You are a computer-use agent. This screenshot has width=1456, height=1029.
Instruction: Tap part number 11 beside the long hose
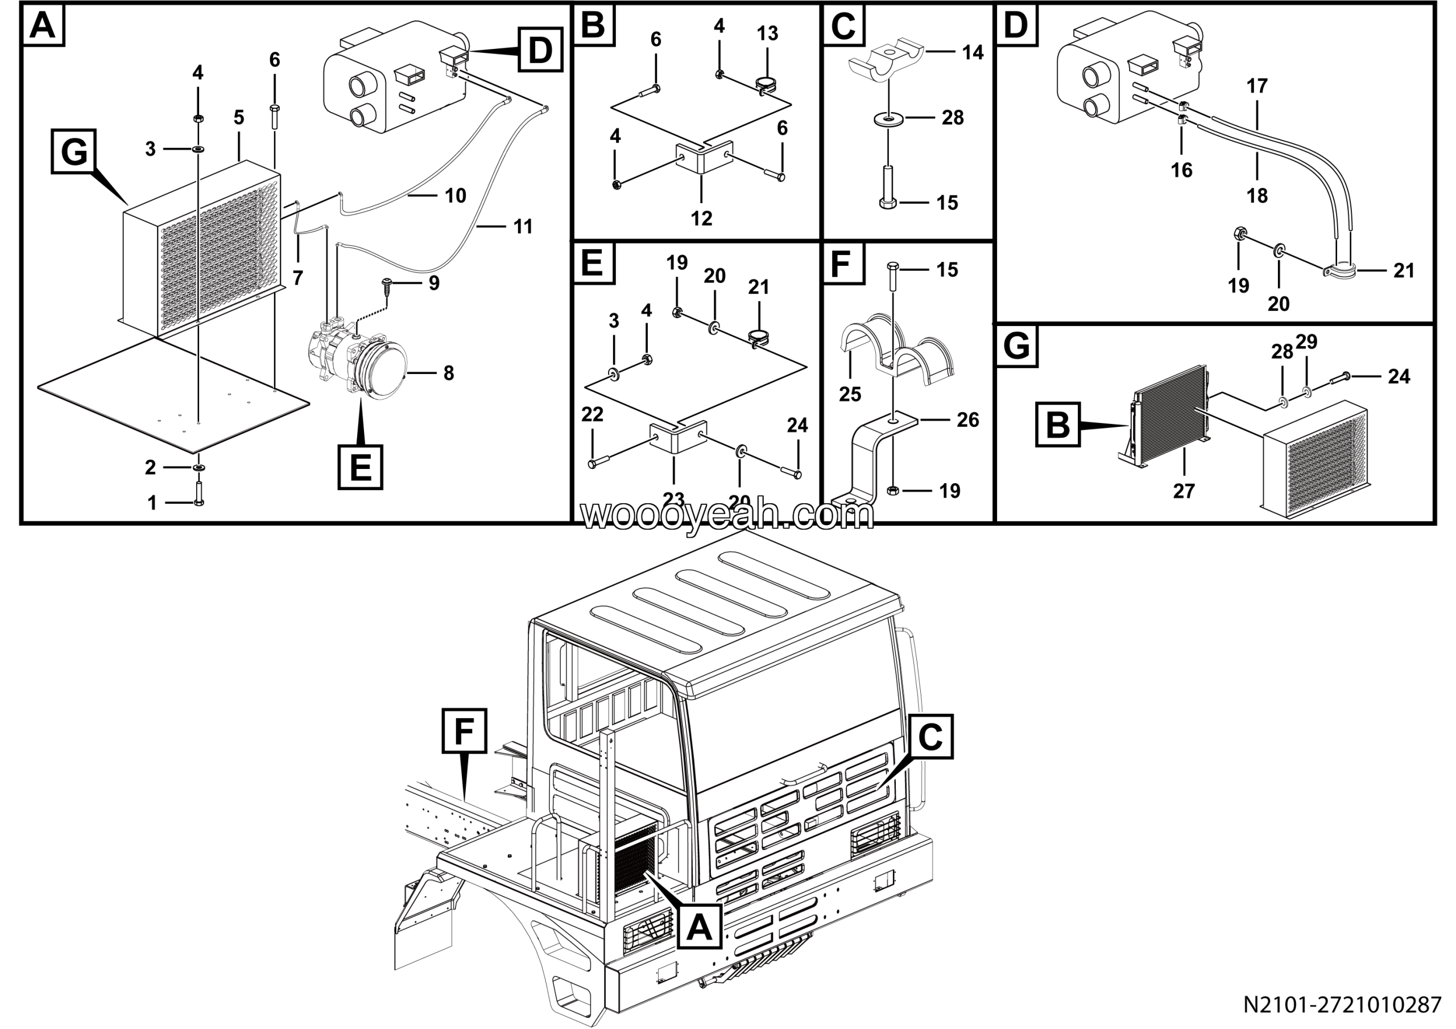click(523, 227)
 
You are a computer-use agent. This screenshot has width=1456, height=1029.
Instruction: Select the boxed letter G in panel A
click(73, 153)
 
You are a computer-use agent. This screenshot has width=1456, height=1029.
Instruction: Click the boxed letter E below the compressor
click(360, 468)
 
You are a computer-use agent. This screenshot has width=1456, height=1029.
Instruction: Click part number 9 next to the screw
click(434, 283)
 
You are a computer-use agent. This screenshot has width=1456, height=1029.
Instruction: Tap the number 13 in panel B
click(767, 33)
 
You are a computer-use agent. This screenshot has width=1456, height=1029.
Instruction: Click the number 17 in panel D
click(1257, 85)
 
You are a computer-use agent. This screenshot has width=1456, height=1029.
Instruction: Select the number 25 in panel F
click(850, 394)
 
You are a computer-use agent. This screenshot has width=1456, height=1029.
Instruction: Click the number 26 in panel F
click(967, 419)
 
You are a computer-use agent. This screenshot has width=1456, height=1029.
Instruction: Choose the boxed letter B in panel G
click(1057, 424)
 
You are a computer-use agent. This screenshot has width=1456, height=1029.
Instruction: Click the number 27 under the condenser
click(1184, 491)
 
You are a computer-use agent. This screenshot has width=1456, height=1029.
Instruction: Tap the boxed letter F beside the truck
click(464, 731)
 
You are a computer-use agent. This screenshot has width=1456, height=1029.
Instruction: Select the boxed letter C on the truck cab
click(930, 736)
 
